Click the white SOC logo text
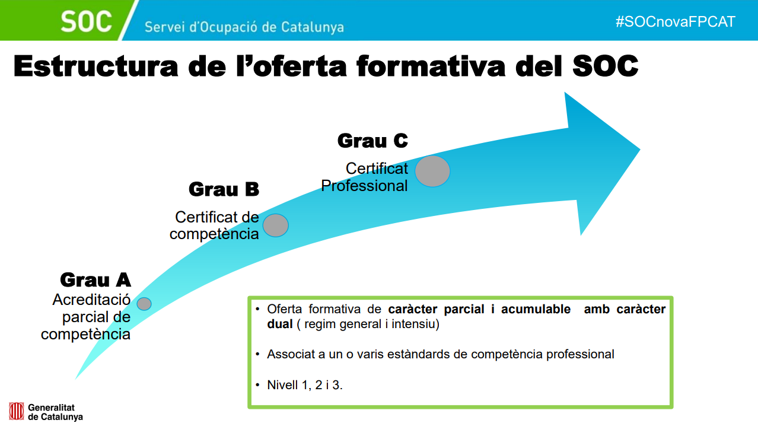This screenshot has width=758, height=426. tap(86, 21)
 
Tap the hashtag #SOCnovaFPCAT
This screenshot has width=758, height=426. tap(676, 22)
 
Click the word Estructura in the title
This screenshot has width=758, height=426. tap(95, 66)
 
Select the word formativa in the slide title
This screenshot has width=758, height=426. tap(431, 66)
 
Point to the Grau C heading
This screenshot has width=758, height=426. tap(372, 141)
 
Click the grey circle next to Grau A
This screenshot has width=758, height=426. tap(144, 304)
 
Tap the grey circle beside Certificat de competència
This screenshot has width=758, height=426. tap(276, 225)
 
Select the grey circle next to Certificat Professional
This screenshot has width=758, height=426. tap(432, 171)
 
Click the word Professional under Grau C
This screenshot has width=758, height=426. tap(364, 186)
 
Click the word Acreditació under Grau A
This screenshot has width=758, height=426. tap(91, 300)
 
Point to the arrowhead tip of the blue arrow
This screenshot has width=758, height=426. tap(640, 150)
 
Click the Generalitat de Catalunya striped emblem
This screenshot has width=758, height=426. tap(16, 411)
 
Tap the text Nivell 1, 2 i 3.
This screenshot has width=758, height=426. tap(304, 385)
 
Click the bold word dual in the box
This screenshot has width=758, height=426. tap(280, 324)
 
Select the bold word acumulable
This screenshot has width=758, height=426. tap(536, 309)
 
